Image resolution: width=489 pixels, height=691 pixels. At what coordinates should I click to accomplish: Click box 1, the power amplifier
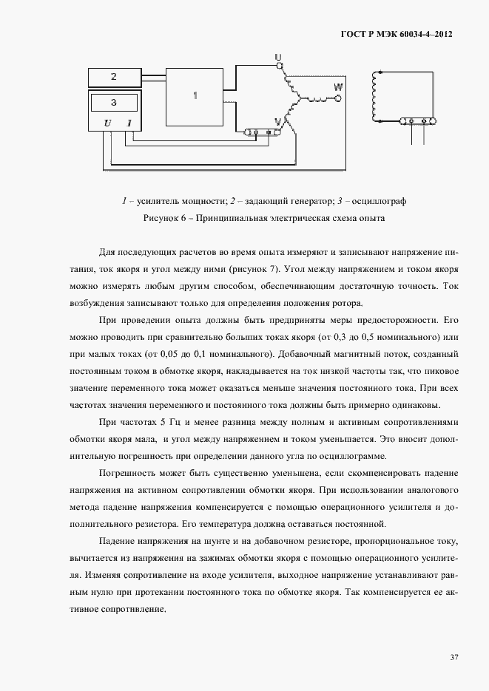pos(195,96)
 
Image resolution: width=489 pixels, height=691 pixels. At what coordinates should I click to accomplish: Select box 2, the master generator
pos(114,76)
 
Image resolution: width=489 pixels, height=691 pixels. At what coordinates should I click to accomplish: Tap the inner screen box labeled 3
pos(114,102)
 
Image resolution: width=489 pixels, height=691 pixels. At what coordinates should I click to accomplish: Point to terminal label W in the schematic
pos(339,87)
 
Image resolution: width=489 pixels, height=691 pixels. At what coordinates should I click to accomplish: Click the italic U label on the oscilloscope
pos(108,123)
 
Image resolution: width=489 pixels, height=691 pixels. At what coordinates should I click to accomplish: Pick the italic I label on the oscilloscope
pos(129,123)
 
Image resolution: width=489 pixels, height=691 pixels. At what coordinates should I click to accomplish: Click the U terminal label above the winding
pos(278,57)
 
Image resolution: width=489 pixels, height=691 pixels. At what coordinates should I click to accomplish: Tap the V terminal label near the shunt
pos(278,120)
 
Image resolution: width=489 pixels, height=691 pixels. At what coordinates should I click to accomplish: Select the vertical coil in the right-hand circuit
pos(376,96)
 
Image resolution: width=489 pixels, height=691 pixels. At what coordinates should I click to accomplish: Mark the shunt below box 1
pos(261,133)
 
